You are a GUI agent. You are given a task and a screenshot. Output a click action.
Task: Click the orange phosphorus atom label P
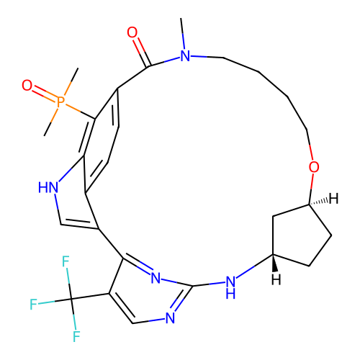click(60, 102)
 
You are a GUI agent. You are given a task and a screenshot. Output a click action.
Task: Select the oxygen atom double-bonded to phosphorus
click(27, 85)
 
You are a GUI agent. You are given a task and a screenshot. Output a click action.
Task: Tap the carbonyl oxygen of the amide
click(132, 32)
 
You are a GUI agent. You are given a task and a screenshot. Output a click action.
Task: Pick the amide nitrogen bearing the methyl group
click(185, 56)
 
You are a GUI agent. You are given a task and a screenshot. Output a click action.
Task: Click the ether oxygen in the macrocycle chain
click(314, 167)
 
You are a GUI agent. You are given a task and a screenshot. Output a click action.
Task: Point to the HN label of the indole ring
click(48, 187)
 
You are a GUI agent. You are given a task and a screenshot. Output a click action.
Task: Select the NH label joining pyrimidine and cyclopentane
click(230, 287)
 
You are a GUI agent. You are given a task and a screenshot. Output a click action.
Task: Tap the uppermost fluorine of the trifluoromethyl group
click(66, 261)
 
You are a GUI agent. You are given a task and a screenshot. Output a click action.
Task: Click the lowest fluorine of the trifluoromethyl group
click(76, 336)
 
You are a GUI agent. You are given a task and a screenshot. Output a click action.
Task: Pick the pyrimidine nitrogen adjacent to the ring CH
click(170, 318)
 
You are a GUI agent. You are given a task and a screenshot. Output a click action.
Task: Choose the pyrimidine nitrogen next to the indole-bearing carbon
click(156, 278)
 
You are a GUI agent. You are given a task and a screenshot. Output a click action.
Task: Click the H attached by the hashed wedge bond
click(333, 199)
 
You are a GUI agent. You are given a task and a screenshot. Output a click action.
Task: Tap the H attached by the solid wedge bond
click(276, 280)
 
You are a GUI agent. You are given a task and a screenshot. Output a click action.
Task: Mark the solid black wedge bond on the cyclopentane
click(274, 263)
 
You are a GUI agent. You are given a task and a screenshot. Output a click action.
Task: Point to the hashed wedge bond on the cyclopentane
click(318, 202)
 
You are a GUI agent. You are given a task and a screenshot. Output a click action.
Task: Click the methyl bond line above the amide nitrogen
click(183, 34)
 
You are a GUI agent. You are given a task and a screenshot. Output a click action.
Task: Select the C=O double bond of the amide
click(142, 52)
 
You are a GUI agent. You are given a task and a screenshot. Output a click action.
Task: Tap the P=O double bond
click(45, 93)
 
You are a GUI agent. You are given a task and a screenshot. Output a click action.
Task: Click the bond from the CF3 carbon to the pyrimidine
click(90, 296)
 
